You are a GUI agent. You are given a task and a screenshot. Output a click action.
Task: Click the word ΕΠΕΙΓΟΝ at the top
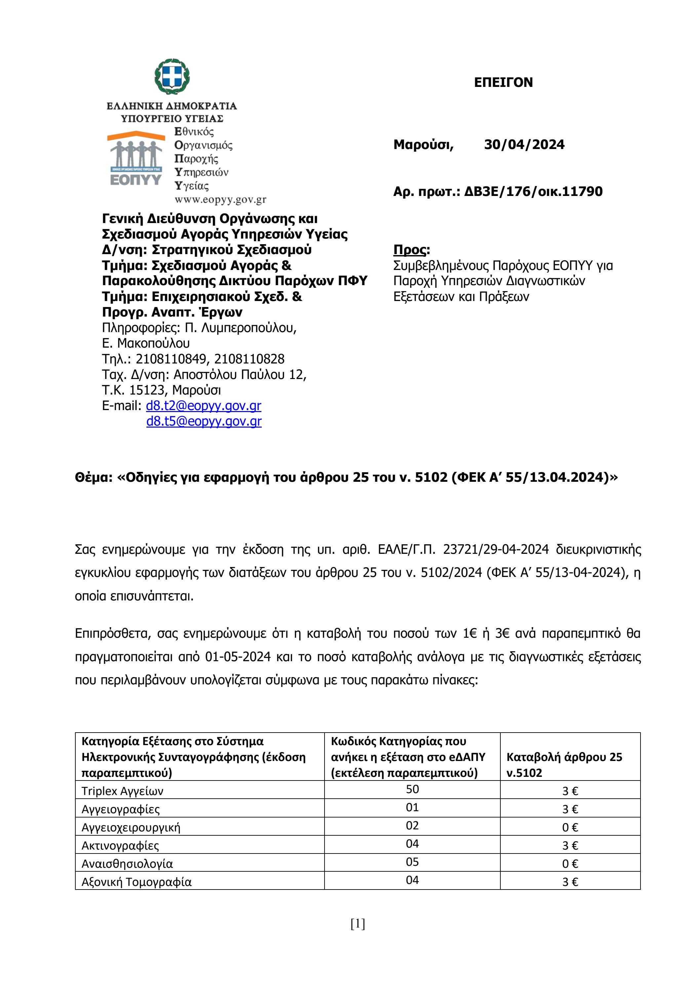tap(503, 82)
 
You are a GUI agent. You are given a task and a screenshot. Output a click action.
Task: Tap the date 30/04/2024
tap(524, 145)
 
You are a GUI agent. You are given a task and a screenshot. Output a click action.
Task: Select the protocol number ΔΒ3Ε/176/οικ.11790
tap(533, 192)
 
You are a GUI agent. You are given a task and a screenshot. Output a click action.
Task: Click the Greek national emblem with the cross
tap(173, 77)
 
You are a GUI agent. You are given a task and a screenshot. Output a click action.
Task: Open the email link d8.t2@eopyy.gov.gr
tap(204, 405)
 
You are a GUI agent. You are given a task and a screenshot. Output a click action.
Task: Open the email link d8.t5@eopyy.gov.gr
tap(204, 421)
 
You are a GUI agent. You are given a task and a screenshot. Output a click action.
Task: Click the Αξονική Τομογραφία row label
tap(136, 882)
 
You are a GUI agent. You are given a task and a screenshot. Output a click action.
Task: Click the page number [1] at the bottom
tap(358, 936)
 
